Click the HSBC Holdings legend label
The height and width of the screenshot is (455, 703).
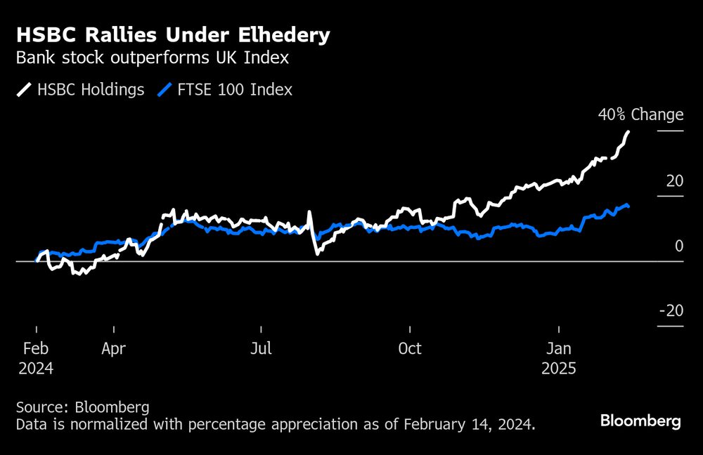click(x=91, y=89)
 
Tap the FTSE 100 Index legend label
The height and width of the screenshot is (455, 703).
click(x=236, y=89)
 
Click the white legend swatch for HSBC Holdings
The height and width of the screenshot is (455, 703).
click(x=24, y=90)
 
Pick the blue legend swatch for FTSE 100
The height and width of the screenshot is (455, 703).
click(x=166, y=90)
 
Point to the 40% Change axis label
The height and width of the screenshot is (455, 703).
click(x=640, y=114)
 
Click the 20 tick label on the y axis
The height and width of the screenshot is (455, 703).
click(x=674, y=180)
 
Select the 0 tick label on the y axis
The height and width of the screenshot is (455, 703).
click(x=678, y=246)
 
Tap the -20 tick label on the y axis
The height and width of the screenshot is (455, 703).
click(x=671, y=311)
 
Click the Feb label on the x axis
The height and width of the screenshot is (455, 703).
click(x=35, y=348)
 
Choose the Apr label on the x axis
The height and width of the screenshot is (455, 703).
click(x=114, y=348)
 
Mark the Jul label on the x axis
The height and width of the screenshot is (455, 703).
click(x=261, y=348)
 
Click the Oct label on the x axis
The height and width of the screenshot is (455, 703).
click(x=409, y=348)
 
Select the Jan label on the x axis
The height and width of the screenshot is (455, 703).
click(x=559, y=348)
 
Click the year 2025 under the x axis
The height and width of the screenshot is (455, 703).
click(x=559, y=369)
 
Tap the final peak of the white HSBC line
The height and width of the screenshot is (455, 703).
click(x=628, y=132)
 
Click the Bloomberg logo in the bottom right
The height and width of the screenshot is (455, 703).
click(x=640, y=421)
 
